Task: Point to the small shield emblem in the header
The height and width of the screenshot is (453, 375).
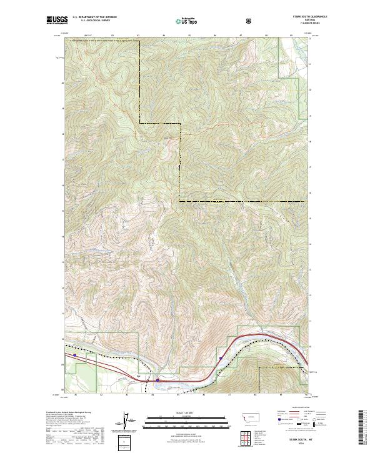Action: tap(250, 21)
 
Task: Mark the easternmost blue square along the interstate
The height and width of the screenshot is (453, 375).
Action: tap(221, 358)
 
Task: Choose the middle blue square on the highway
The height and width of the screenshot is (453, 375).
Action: tap(157, 379)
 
